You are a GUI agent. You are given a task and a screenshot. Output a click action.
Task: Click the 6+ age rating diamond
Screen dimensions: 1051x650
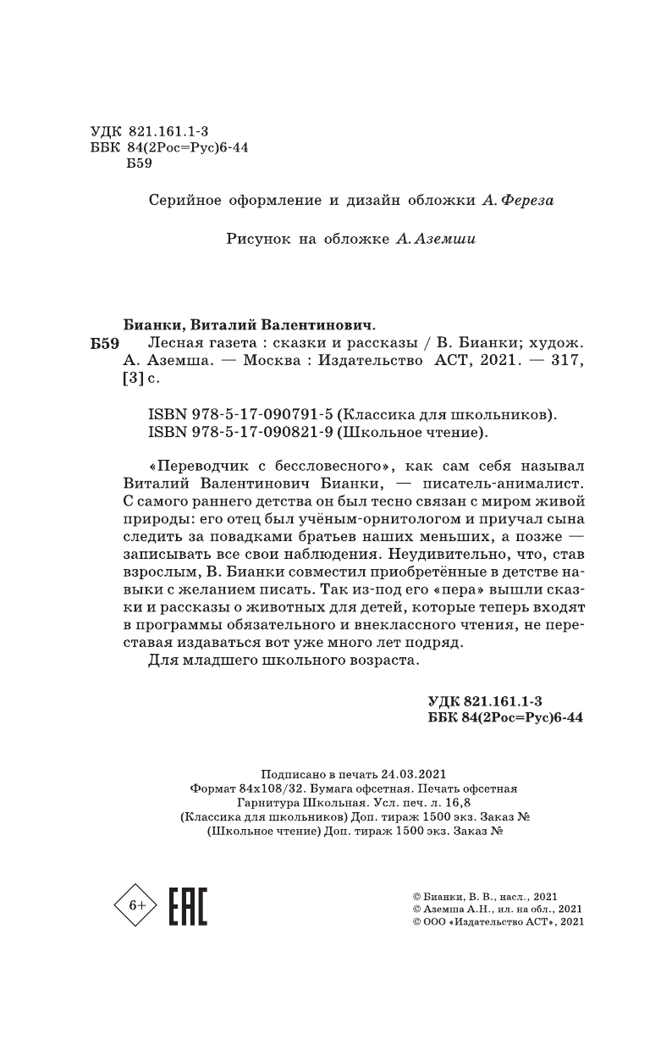tap(136, 905)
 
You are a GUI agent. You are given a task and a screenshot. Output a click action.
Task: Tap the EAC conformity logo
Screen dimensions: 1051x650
tap(189, 905)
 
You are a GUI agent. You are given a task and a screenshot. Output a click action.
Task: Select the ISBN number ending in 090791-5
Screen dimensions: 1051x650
tap(229, 415)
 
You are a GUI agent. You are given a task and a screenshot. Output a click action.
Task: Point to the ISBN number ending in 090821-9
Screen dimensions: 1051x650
tap(229, 434)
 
